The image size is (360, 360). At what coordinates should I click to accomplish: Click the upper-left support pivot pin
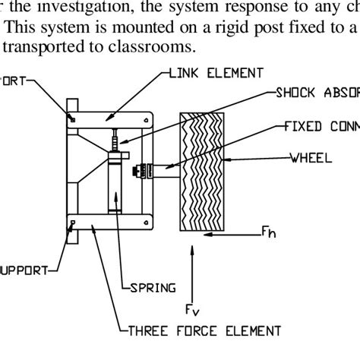[x=72, y=118]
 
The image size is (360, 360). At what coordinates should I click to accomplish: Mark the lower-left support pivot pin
[x=73, y=223]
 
